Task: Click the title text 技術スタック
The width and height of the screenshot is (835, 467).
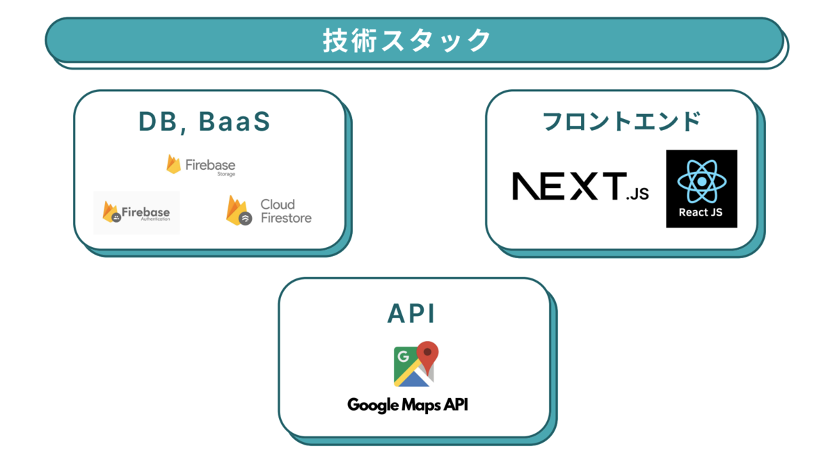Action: [x=407, y=40]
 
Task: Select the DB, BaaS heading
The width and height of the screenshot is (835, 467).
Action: [x=204, y=122]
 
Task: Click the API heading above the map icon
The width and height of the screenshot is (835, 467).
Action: [x=411, y=314]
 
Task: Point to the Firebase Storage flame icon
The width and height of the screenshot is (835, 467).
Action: [x=173, y=164]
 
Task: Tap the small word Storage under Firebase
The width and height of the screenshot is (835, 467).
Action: [x=226, y=175]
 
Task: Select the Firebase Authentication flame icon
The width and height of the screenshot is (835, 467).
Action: [x=111, y=212]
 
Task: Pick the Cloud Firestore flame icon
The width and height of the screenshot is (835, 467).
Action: [x=237, y=210]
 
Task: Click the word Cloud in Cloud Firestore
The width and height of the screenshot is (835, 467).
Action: [x=278, y=204]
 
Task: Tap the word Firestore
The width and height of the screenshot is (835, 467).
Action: [x=286, y=218]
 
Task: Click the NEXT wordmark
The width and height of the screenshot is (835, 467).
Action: [x=567, y=186]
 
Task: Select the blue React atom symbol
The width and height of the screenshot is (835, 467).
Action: [x=701, y=180]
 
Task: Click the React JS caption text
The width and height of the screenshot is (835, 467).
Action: [x=701, y=212]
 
